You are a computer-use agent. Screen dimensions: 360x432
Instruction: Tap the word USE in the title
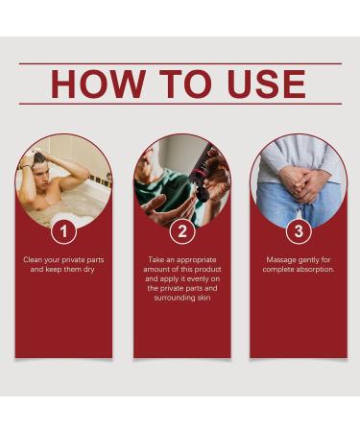pos(266,84)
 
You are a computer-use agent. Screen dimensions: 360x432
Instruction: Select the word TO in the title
pos(186,84)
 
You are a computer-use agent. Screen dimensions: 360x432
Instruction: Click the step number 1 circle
pos(64,231)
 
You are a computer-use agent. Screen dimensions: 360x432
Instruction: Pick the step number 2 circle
pos(182,231)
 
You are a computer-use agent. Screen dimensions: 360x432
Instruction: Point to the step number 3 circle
pos(299,231)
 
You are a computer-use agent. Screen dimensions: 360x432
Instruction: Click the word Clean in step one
pos(33,259)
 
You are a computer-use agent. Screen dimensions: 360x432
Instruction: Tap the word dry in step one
pos(88,270)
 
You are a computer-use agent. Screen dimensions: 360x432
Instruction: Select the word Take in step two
pos(156,259)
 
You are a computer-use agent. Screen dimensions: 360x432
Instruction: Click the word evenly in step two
pos(198,279)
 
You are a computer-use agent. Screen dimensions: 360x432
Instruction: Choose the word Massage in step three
pos(280,260)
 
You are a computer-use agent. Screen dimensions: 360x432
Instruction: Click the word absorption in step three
pos(316,270)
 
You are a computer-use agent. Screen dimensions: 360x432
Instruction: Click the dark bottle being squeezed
pos(201,175)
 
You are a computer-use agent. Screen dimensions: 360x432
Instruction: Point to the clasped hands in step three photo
pos(300,185)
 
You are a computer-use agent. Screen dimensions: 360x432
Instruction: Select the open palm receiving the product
pos(156,204)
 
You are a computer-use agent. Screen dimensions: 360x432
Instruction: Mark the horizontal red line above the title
pos(180,64)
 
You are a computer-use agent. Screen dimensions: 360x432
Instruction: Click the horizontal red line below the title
pos(180,104)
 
